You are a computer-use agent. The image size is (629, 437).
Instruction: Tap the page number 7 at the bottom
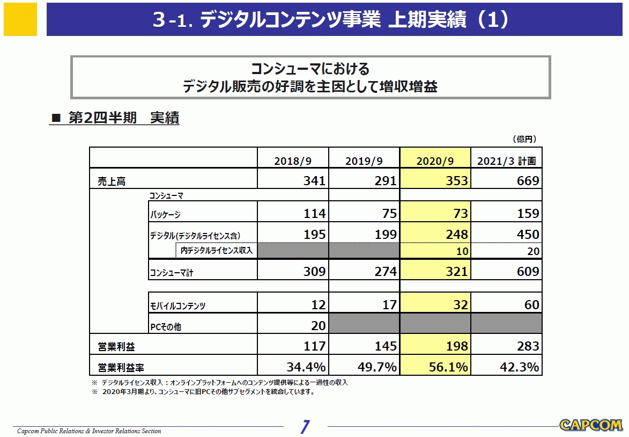305,427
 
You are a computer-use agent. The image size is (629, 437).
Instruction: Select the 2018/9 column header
292,161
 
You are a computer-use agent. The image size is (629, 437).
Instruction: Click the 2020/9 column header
435,161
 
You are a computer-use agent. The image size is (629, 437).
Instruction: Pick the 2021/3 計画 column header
506,161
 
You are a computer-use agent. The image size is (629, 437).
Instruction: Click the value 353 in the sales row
457,181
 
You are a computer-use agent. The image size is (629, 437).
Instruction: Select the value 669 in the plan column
528,181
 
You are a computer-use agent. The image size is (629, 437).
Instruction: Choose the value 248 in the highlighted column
457,235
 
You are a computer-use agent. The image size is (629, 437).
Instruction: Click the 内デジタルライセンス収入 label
216,250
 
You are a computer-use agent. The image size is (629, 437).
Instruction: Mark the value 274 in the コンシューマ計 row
386,272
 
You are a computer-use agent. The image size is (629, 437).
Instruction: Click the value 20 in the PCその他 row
318,326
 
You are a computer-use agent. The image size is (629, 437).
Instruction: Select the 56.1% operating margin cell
448,367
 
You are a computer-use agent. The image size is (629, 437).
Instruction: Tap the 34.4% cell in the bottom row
306,367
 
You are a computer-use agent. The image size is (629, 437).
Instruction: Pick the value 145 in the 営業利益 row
386,346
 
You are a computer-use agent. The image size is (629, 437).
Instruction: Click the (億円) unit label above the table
524,139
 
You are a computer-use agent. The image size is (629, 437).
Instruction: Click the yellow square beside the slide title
20,19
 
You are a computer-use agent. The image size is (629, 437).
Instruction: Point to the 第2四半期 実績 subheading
123,118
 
